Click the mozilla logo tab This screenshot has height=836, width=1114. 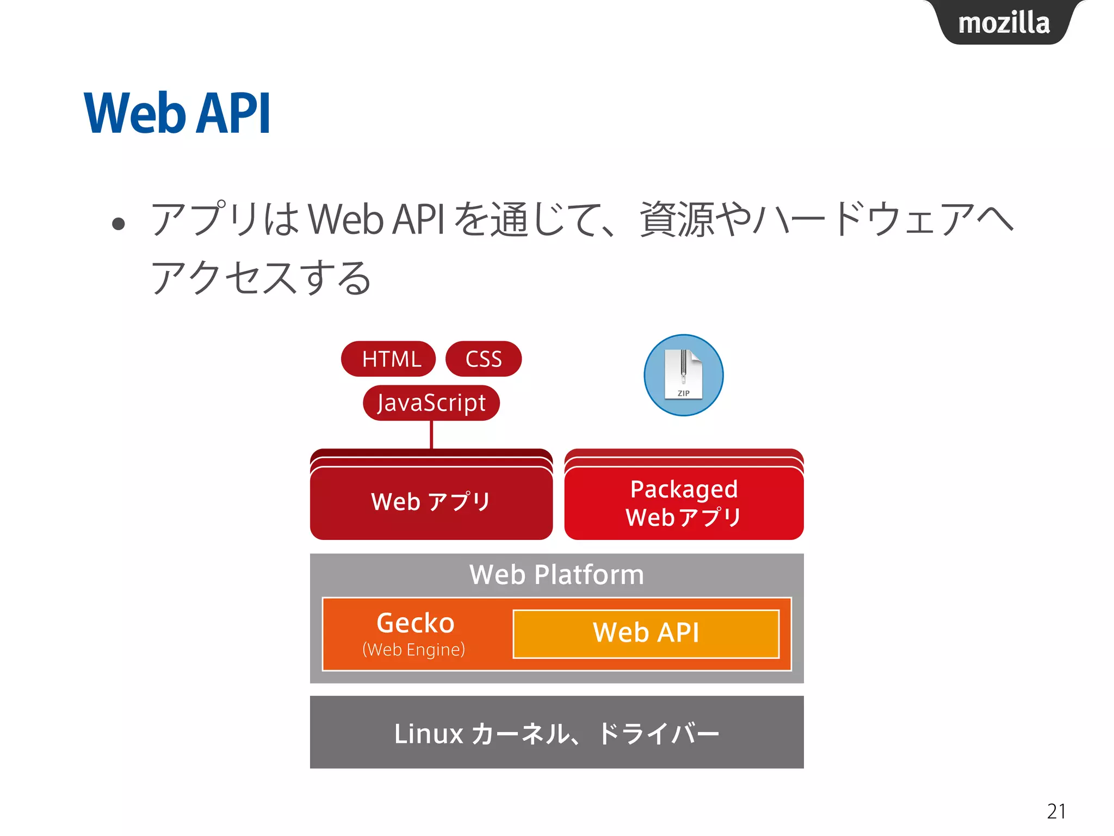coord(1004,23)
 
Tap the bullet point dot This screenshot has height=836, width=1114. coord(118,223)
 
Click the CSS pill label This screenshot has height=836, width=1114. coord(483,359)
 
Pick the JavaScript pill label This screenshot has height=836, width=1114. coord(431,403)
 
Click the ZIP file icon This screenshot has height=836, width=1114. coord(683,375)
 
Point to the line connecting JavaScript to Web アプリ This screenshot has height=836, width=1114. coord(431,434)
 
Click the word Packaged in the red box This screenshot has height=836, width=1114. coord(684,489)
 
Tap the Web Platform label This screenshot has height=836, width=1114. coord(556,575)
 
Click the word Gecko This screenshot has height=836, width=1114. coord(415,623)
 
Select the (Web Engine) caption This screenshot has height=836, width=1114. coord(413,649)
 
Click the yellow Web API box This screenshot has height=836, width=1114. coord(646,634)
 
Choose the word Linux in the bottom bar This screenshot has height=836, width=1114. coord(428,734)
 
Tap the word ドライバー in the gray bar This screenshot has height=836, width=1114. coord(658,734)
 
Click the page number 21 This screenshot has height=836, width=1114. coord(1056,811)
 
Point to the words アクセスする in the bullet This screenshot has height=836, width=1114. coord(261,278)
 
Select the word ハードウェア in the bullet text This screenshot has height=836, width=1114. coord(865,219)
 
